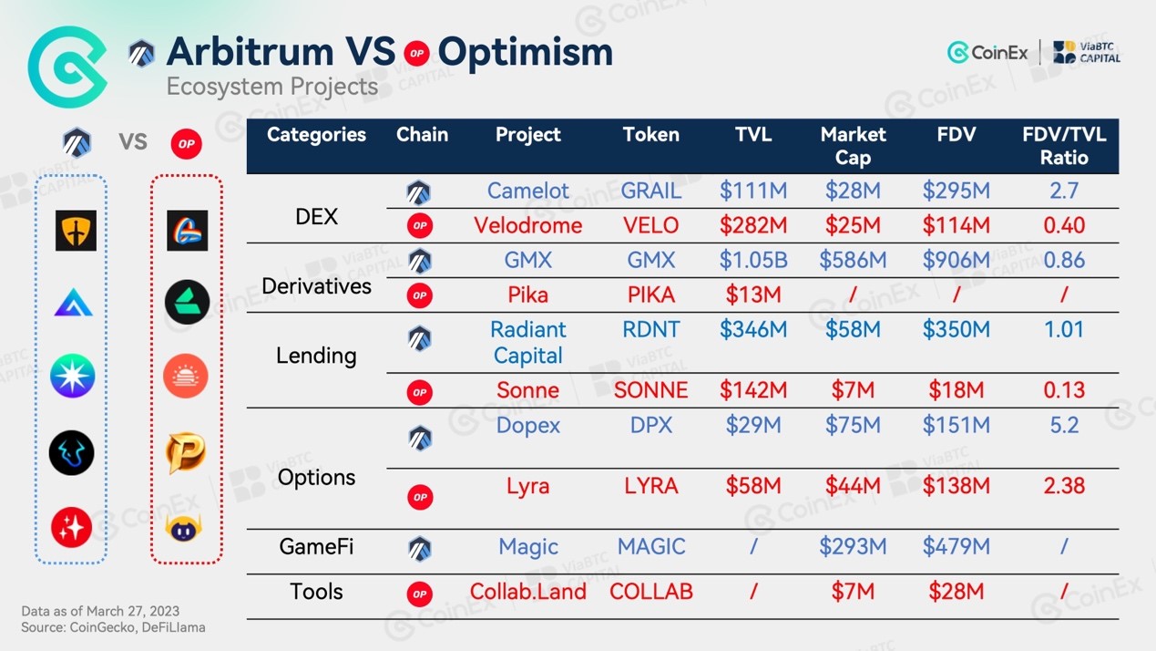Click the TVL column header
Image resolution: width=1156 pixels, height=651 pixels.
tap(753, 134)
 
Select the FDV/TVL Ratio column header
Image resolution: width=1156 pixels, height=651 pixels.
tap(1064, 146)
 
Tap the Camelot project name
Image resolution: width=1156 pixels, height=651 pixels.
tap(528, 191)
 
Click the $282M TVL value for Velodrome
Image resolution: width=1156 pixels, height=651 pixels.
tap(753, 225)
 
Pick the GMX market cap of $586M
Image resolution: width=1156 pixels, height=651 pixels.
tap(853, 260)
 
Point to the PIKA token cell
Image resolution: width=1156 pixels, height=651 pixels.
tap(650, 295)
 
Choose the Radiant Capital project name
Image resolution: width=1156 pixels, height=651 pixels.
tap(528, 342)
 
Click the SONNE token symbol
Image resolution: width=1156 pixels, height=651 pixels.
tap(650, 390)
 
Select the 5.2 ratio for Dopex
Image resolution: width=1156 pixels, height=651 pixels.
tap(1064, 425)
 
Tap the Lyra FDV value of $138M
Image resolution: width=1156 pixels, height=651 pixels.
tap(957, 486)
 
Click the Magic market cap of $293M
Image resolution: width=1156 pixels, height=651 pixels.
tap(853, 546)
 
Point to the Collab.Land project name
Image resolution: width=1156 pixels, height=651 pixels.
tap(528, 592)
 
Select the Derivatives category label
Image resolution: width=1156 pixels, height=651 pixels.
tap(316, 286)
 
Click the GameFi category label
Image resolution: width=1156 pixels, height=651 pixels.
tap(316, 546)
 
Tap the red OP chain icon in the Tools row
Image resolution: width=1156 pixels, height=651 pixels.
tap(420, 594)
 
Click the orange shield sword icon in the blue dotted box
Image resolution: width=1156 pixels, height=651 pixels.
tap(76, 231)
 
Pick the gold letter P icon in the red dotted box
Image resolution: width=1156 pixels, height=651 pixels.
tap(186, 453)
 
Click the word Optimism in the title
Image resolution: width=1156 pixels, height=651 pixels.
tap(526, 53)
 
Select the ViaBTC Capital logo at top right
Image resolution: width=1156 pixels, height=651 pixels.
tap(1087, 52)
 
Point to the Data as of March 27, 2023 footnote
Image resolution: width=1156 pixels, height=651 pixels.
tap(100, 611)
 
